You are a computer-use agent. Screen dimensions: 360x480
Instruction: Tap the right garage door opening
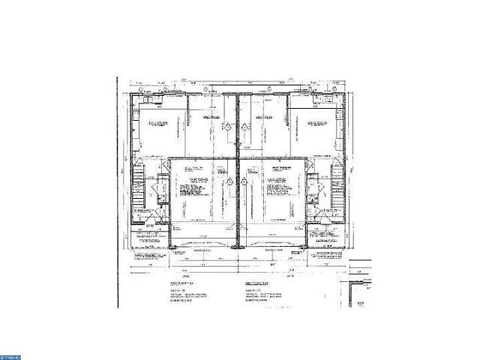[x=276, y=244]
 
